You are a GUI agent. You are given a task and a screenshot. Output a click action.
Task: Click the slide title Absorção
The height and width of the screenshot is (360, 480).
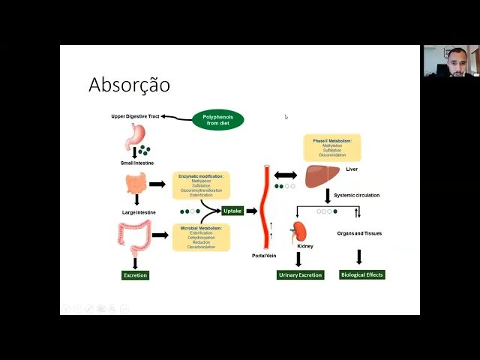point(129,85)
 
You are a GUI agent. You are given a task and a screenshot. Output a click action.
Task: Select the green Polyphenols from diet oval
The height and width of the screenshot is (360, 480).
point(218,120)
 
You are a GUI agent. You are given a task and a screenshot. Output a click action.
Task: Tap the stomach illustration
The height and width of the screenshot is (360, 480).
point(135,136)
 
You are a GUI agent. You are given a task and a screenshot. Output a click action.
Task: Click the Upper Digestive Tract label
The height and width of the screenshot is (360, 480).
point(135,116)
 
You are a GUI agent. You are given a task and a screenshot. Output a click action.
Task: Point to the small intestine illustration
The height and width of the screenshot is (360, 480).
point(136,183)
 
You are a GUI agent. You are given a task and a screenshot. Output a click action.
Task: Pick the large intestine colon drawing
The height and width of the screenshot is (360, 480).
point(135,235)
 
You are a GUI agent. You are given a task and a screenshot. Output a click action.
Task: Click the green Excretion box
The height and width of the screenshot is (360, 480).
point(136,275)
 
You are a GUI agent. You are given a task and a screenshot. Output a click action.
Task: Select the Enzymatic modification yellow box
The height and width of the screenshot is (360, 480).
point(201,185)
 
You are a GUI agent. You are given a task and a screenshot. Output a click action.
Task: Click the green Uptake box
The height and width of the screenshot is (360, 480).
point(232,211)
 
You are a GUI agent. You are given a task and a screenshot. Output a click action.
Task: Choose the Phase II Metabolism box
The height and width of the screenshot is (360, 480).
point(331,148)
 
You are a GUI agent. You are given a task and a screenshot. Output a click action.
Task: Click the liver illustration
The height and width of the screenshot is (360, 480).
point(322,175)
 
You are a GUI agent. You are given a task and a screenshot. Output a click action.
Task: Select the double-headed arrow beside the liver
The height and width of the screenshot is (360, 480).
point(286,175)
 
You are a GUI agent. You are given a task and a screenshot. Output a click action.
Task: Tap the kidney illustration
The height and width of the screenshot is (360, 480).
point(300,230)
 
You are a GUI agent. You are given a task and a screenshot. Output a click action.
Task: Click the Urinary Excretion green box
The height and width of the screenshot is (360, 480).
point(300,275)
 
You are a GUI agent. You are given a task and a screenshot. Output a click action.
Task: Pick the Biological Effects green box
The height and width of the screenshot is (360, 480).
point(362,275)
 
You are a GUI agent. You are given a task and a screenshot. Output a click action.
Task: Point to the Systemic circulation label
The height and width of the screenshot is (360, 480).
point(356,195)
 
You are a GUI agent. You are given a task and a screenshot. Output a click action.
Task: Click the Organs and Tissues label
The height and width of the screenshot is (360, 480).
point(359,233)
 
